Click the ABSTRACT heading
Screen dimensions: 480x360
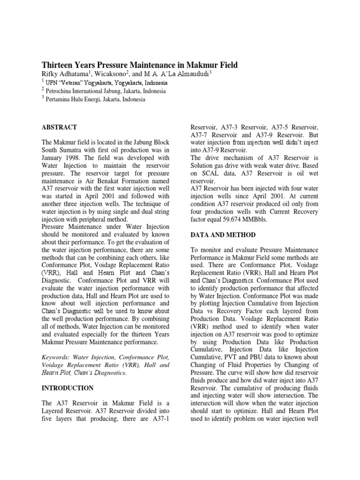(60, 127)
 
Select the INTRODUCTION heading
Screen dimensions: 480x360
(67, 388)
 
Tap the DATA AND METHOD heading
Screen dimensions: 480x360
(221, 234)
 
